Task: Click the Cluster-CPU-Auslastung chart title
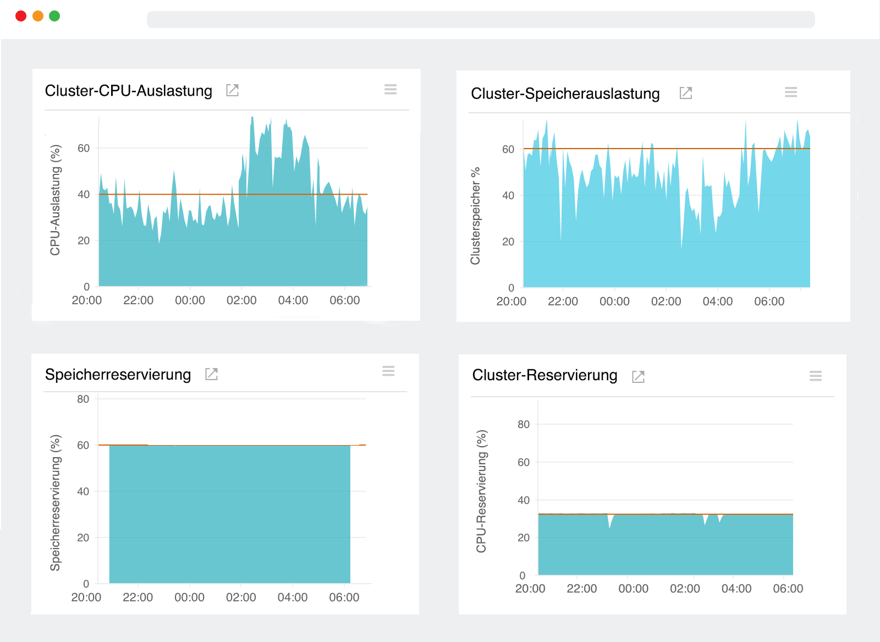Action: [x=129, y=91]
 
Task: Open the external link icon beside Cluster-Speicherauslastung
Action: [x=686, y=93]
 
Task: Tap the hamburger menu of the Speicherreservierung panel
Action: [x=388, y=371]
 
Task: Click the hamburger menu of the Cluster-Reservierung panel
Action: [x=816, y=376]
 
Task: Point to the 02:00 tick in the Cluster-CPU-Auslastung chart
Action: [x=241, y=300]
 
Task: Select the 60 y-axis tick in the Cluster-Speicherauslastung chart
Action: [x=508, y=149]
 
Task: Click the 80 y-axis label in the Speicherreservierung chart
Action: [x=83, y=399]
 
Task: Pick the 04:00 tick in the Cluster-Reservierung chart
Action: [x=736, y=589]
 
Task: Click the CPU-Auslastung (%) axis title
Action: [x=55, y=200]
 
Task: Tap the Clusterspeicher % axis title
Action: [x=475, y=216]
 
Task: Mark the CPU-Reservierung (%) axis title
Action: [x=481, y=491]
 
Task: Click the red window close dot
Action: [x=21, y=16]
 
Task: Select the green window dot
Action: [x=54, y=16]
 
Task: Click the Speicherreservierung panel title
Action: [x=118, y=375]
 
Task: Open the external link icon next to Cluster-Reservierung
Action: [x=638, y=377]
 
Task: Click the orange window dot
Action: [x=38, y=16]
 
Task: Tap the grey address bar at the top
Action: [x=481, y=19]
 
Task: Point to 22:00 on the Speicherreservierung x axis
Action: [x=138, y=597]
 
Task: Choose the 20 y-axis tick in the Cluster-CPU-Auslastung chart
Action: [x=84, y=240]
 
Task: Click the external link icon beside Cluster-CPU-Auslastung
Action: [x=233, y=90]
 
